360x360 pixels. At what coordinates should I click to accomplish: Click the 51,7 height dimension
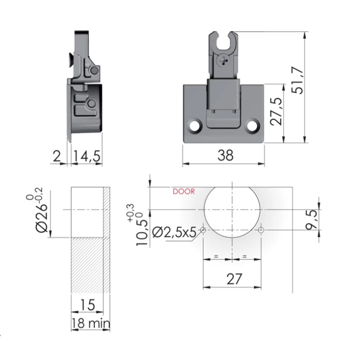[298, 80]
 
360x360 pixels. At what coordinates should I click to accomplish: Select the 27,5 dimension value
[276, 111]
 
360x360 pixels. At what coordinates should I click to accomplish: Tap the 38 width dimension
[225, 155]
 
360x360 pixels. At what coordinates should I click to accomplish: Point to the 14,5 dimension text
[87, 156]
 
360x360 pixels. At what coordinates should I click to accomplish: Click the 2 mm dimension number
[57, 156]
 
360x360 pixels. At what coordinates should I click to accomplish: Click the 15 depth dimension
[87, 305]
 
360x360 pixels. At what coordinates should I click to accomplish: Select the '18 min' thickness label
[91, 323]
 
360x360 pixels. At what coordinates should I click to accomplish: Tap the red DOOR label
[184, 192]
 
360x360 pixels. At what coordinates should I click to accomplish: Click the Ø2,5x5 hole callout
[174, 232]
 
